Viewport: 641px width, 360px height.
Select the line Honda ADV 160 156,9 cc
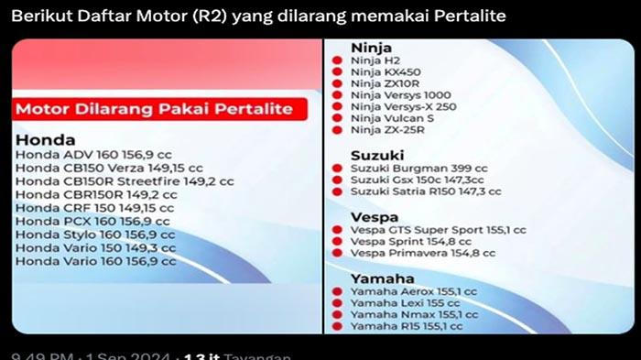click(x=91, y=156)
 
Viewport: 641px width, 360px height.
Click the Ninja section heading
click(x=371, y=48)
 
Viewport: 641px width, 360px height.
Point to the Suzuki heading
click(x=375, y=156)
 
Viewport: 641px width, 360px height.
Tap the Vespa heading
click(x=373, y=218)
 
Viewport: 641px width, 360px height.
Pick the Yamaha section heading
click(x=381, y=278)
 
